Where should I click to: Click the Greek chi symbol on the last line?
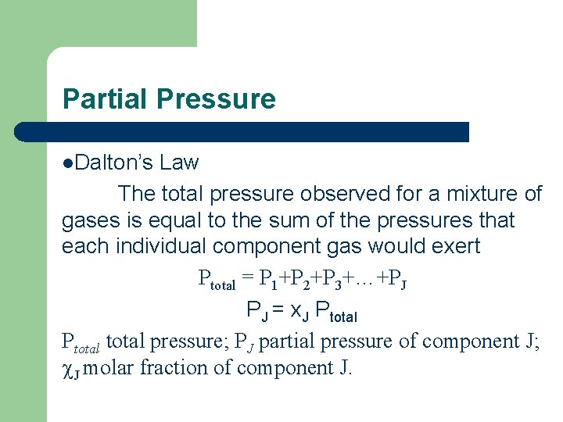(x=67, y=369)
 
